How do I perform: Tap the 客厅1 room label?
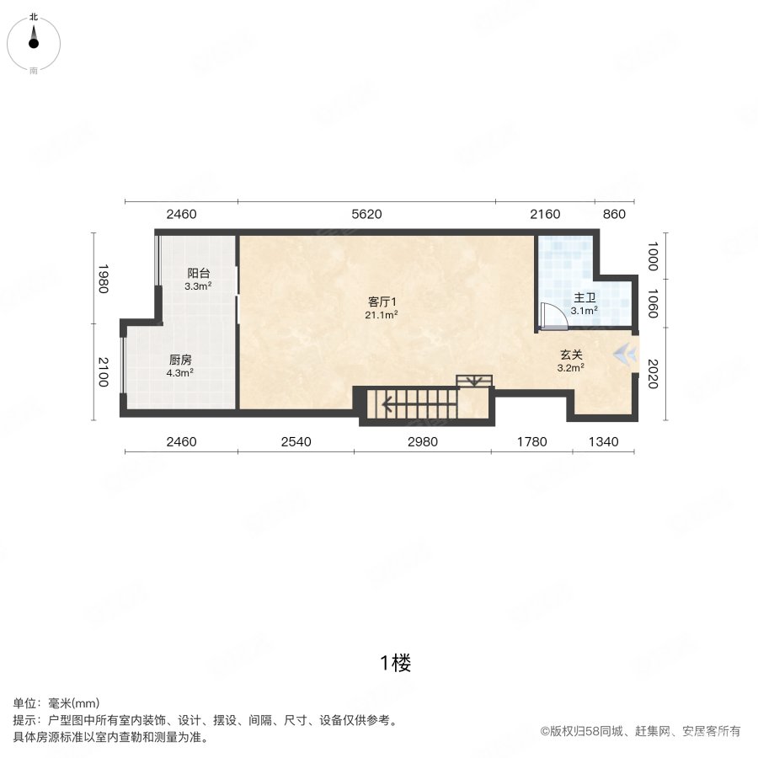click(x=382, y=302)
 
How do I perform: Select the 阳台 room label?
click(x=198, y=274)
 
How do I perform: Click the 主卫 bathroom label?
click(x=585, y=298)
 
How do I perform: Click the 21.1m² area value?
click(x=382, y=315)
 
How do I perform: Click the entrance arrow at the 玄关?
click(x=624, y=354)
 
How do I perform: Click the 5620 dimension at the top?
click(x=366, y=214)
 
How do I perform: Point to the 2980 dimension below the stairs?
click(x=422, y=441)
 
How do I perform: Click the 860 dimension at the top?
click(x=615, y=214)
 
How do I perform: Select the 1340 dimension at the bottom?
click(x=603, y=441)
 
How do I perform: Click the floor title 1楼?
click(x=394, y=664)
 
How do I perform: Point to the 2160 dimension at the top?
click(x=545, y=214)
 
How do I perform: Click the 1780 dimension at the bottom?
click(x=531, y=441)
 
